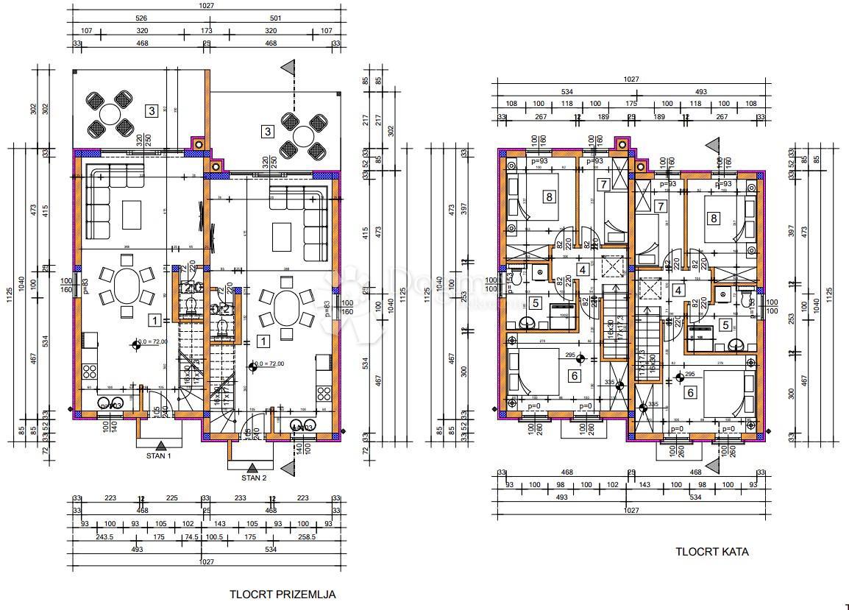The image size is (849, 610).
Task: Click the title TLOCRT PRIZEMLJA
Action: tap(283, 593)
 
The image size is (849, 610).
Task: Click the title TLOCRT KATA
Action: tap(712, 552)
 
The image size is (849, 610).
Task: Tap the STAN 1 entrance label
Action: tap(159, 456)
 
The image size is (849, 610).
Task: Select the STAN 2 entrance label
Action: tap(253, 478)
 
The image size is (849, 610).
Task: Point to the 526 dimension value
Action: tap(140, 18)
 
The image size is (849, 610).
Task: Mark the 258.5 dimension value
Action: tap(308, 537)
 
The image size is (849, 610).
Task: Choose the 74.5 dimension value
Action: tap(191, 537)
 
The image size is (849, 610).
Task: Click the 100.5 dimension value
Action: tap(214, 537)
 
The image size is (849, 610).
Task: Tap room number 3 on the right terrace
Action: tap(268, 132)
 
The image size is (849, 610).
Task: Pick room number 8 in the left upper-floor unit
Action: tap(548, 196)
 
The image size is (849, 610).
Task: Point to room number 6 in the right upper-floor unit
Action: tap(690, 392)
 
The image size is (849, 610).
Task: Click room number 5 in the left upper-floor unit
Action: tap(535, 302)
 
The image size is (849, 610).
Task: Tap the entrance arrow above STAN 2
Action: tap(252, 467)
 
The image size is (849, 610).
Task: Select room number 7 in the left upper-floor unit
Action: tap(603, 185)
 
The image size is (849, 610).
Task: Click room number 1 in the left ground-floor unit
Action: tap(154, 320)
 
